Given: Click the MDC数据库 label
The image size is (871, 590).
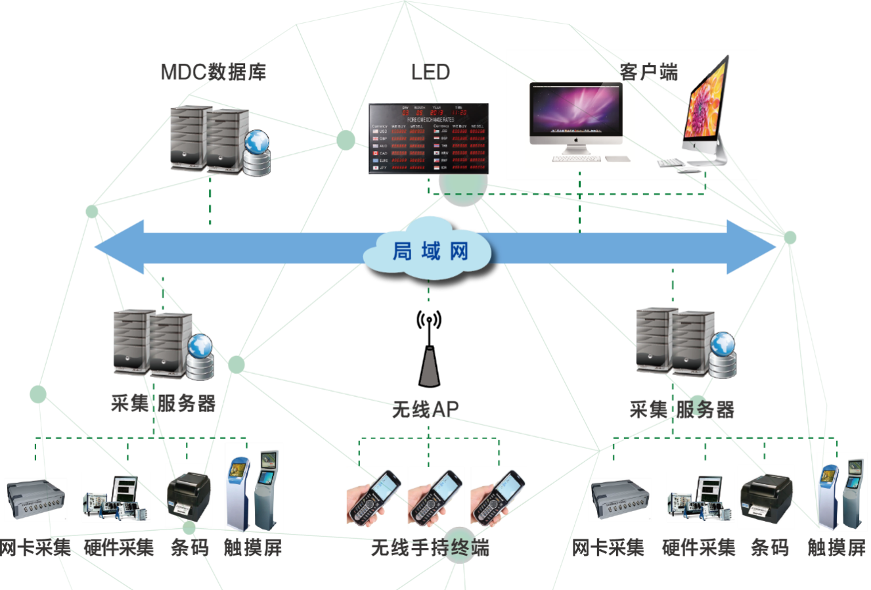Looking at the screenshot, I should pos(213,72).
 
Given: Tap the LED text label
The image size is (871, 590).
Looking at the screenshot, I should pos(430,72).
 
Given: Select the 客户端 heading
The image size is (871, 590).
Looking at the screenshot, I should pos(648,72).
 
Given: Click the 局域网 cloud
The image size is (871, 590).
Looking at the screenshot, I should pos(428,251).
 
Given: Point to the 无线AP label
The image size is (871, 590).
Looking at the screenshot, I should pos(425,409).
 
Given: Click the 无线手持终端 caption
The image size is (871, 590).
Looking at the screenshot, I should pos(430,547).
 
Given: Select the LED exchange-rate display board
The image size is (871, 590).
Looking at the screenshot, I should pos(428,138).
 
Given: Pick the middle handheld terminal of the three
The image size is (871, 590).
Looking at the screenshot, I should pos(436,497).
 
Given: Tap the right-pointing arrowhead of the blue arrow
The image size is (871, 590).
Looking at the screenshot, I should pos(751,247).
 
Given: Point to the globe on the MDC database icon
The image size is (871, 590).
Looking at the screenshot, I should pos(256,141).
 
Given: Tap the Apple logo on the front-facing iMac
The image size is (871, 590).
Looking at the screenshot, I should pos(575,139).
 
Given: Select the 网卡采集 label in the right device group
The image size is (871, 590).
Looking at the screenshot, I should pos(608,547).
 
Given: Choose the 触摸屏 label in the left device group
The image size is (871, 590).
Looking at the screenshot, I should pos(254,547).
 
